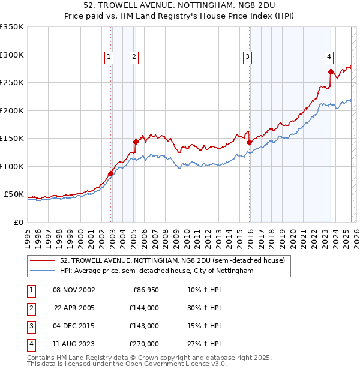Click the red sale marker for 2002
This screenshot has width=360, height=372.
click(111, 174)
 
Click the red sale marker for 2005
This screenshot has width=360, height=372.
click(136, 142)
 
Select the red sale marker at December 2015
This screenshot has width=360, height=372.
click(249, 142)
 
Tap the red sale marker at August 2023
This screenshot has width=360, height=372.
click(331, 71)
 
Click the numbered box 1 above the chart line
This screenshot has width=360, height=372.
click(109, 57)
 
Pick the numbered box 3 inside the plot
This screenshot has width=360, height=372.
click(247, 57)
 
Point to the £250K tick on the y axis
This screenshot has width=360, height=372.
click(12, 83)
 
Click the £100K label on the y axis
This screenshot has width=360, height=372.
click(12, 166)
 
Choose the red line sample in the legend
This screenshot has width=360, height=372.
click(42, 260)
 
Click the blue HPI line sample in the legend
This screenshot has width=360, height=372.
click(42, 271)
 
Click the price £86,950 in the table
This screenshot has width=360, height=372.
click(146, 290)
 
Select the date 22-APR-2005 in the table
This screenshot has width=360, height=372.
click(74, 308)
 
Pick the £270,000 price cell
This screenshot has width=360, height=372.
click(144, 344)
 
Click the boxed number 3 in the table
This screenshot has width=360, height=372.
click(31, 326)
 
